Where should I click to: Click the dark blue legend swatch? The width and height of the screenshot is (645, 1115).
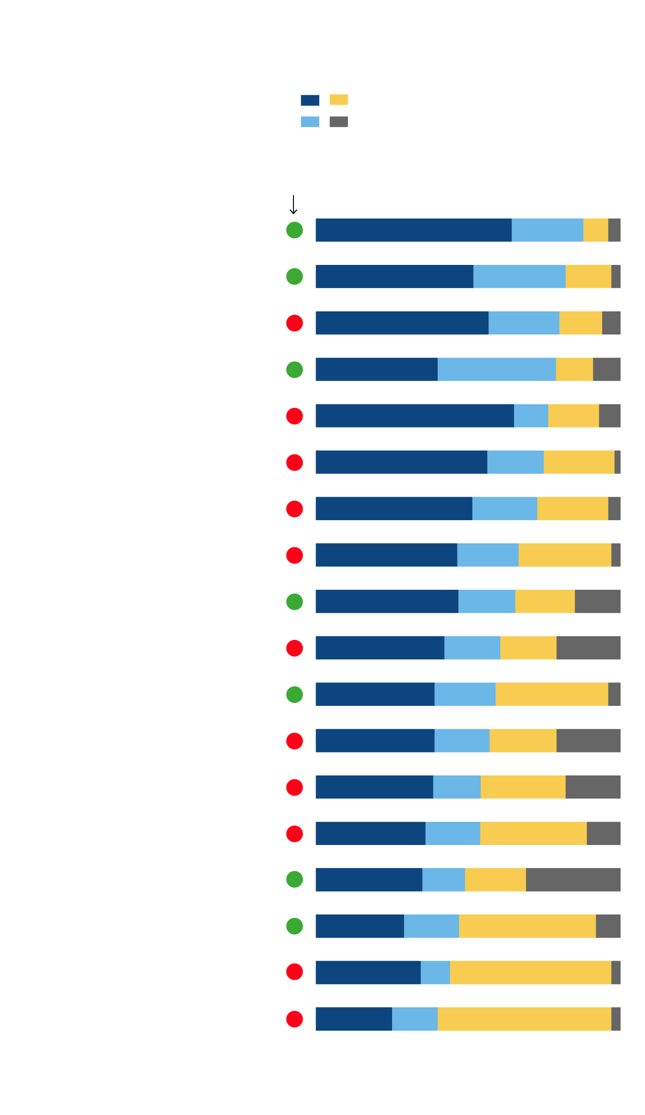point(310,100)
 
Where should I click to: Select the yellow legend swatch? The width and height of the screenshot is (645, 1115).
point(339,100)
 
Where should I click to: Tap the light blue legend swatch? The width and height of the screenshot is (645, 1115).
point(310,122)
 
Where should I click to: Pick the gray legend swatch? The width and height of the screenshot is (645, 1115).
point(339,122)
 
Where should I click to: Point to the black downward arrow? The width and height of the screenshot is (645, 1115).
point(293,205)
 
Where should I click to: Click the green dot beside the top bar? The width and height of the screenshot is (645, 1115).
point(294,230)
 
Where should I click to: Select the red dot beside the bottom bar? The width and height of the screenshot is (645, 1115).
point(294,1019)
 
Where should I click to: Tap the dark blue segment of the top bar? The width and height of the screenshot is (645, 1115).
point(413,230)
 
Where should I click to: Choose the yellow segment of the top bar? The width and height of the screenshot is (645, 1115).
point(595,230)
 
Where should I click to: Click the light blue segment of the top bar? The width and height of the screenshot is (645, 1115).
point(547,230)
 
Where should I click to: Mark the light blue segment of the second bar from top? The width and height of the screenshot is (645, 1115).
point(519,276)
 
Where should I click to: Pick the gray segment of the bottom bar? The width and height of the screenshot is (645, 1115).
point(616,1019)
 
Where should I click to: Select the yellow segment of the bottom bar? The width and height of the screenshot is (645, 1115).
point(524,1019)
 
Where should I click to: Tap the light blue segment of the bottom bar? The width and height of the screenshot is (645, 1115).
point(415,1019)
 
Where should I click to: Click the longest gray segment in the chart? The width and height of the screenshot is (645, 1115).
point(573,880)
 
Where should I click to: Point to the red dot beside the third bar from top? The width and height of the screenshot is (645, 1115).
point(294,323)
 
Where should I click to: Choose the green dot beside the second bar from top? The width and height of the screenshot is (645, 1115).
point(294,276)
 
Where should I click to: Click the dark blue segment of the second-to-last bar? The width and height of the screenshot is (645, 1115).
point(368,972)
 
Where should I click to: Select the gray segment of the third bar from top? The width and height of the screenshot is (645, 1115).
point(611,323)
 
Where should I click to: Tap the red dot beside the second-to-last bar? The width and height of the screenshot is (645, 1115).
point(294,972)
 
